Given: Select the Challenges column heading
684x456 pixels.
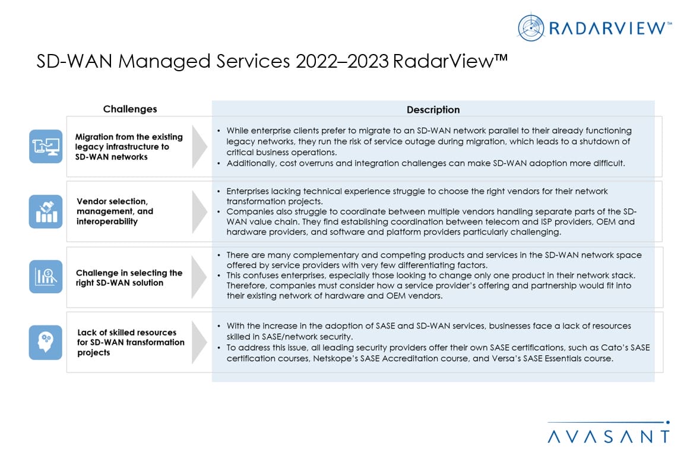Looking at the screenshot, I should [130, 109].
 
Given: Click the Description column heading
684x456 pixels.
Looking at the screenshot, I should [433, 109].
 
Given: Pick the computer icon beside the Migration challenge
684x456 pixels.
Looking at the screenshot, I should [46, 146].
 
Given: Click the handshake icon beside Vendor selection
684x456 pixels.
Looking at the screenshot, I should [46, 211].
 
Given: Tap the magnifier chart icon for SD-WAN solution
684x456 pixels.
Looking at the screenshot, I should [46, 277].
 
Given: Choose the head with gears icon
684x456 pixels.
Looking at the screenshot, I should [46, 342].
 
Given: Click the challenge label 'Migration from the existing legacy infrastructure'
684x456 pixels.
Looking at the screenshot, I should [129, 147].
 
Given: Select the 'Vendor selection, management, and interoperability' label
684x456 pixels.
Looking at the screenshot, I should [115, 211].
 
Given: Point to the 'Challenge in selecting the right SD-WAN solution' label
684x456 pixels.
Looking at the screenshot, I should [129, 277].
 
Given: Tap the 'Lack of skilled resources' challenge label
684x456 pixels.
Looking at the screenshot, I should [131, 342].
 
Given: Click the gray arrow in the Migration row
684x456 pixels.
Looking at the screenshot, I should [200, 147].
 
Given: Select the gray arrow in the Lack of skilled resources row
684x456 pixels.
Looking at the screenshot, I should [200, 343].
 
